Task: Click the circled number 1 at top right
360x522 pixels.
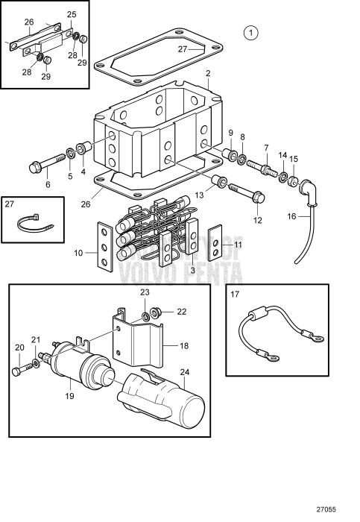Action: [x=252, y=32]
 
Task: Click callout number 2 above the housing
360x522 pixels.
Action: [x=208, y=73]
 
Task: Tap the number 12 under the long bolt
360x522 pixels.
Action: [x=258, y=220]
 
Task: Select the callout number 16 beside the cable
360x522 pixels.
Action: [x=292, y=216]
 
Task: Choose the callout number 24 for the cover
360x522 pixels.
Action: [x=185, y=372]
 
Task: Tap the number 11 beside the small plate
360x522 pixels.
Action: [x=239, y=244]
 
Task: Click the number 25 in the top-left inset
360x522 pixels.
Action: [x=72, y=14]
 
